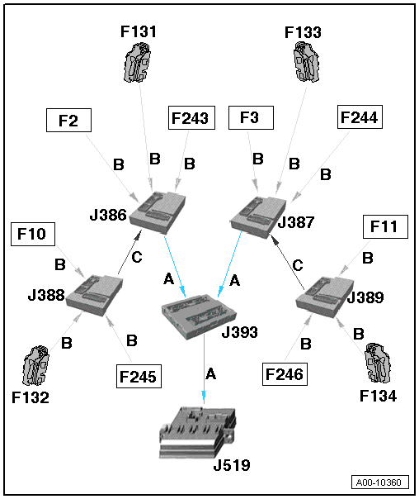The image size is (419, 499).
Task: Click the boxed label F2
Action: pyautogui.click(x=68, y=121)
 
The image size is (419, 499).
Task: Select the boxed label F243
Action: pyautogui.click(x=191, y=118)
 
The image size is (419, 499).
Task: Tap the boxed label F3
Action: pyautogui.click(x=251, y=118)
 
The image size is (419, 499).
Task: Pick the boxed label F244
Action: pyautogui.click(x=360, y=116)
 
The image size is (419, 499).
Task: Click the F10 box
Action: pyautogui.click(x=33, y=235)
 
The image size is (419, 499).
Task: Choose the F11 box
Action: pyautogui.click(x=385, y=226)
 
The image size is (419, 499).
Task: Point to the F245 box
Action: pyautogui.click(x=139, y=376)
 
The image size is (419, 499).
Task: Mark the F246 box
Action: pyautogui.click(x=285, y=374)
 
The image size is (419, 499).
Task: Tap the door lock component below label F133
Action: pyautogui.click(x=306, y=63)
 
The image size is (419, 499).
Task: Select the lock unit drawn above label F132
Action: pyautogui.click(x=36, y=366)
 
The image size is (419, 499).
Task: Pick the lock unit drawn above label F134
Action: pyautogui.click(x=378, y=363)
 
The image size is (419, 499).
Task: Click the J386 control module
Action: pyautogui.click(x=158, y=212)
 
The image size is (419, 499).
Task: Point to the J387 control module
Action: pyautogui.click(x=258, y=217)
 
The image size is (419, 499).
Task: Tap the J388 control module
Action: pyautogui.click(x=95, y=295)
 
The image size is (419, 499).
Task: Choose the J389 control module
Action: pyautogui.click(x=324, y=297)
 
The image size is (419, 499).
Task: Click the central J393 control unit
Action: pyautogui.click(x=199, y=316)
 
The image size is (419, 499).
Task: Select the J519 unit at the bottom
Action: pyautogui.click(x=198, y=432)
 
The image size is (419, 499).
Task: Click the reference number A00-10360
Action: pyautogui.click(x=380, y=482)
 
